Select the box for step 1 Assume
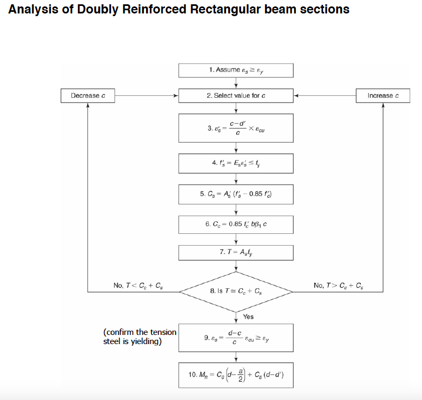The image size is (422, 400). coord(236,70)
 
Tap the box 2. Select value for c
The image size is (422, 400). coord(236,96)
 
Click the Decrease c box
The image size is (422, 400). coord(88,96)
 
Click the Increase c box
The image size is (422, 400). coord(383,96)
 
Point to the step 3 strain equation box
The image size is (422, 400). coord(236,128)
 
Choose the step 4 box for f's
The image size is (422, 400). coord(236,163)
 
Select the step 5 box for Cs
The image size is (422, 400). coord(236,194)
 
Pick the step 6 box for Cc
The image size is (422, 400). coord(236,224)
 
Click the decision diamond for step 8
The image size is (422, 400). coord(236,291)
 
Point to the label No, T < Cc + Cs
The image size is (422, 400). coord(139,285)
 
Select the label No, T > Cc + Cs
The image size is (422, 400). coord(338,285)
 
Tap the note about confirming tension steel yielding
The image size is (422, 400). coord(139,337)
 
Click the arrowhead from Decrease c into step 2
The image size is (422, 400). coord(176,96)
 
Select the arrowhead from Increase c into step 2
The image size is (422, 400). coord(296,96)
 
